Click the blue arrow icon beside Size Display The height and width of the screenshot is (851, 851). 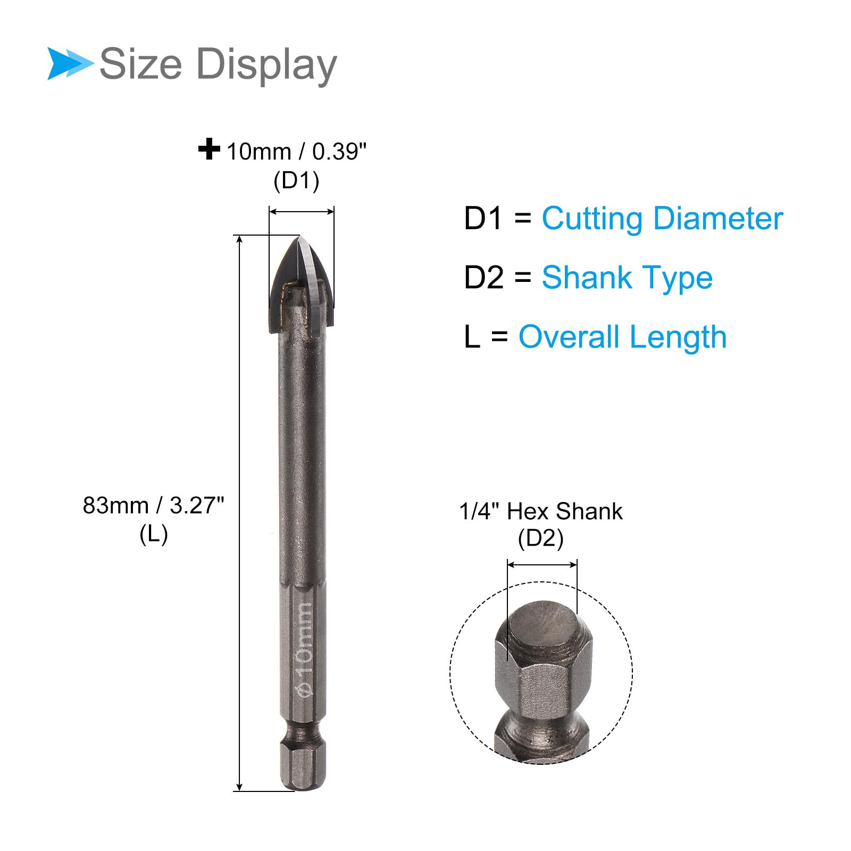click(x=70, y=64)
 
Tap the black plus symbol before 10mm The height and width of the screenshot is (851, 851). click(x=209, y=149)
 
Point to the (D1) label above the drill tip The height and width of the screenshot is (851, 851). click(x=296, y=181)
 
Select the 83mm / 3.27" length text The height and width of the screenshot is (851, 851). click(x=154, y=505)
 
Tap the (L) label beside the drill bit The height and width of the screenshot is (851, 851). click(x=154, y=534)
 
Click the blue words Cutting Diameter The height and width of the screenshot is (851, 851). click(x=662, y=219)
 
